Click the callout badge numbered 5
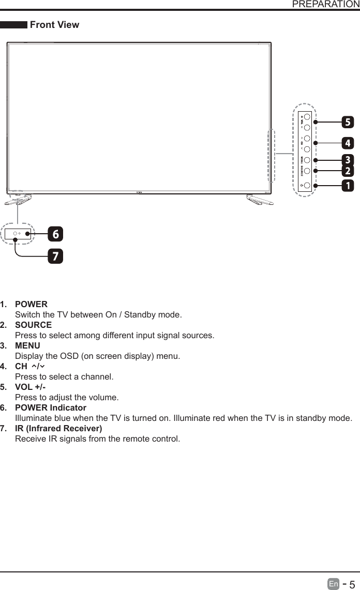(348, 123)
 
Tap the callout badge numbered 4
(348, 143)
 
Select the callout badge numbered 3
(348, 160)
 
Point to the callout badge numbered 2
(348, 171)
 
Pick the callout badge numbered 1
(348, 185)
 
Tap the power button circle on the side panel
(307, 185)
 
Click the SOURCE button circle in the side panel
(307, 171)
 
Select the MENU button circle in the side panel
(307, 160)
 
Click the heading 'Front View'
(55, 25)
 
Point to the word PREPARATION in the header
(326, 5)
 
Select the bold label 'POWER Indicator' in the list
(51, 408)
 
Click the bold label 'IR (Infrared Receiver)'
(58, 429)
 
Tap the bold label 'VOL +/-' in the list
(31, 387)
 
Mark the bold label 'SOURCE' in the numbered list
(33, 325)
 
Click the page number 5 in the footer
(352, 584)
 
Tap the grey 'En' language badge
(334, 584)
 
